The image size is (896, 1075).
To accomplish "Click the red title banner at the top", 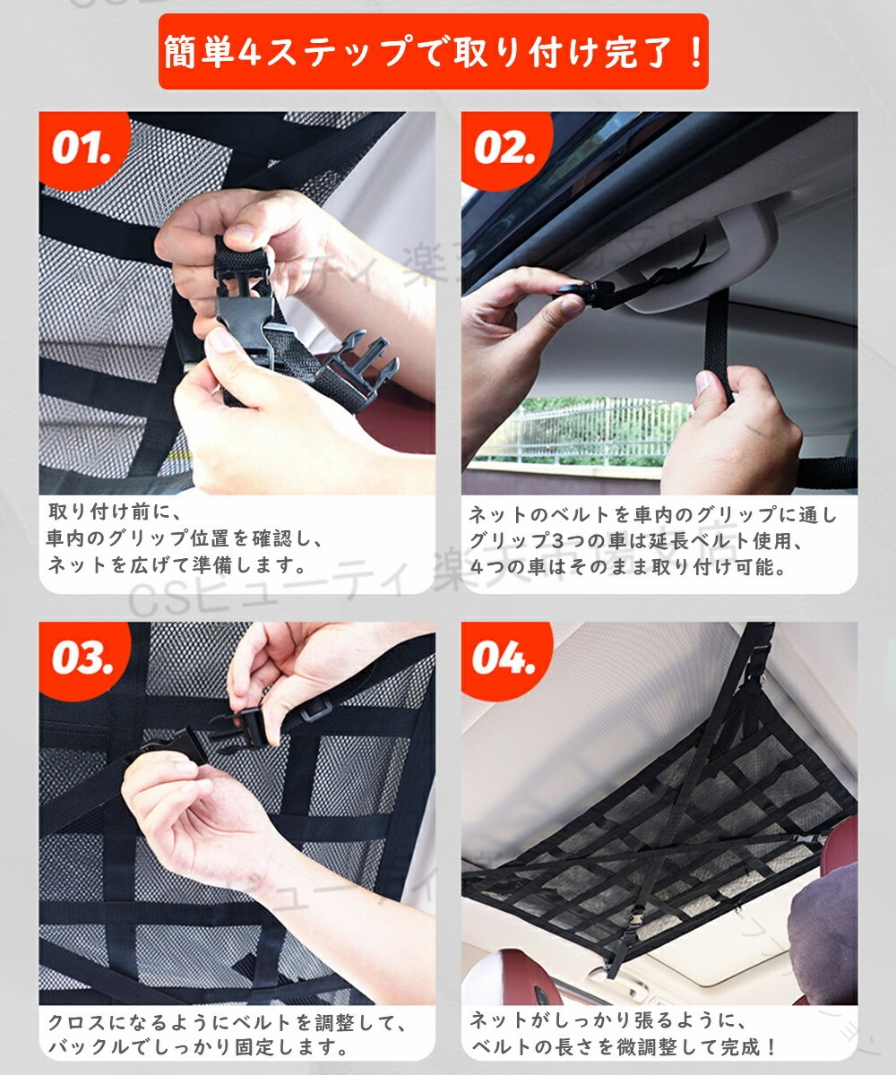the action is pyautogui.click(x=433, y=51).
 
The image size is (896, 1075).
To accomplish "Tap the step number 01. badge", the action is pyautogui.click(x=82, y=149).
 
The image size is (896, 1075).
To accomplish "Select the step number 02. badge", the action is pyautogui.click(x=504, y=149).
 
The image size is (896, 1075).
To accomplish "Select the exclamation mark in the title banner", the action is pyautogui.click(x=695, y=53).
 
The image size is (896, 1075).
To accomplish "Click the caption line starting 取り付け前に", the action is pyautogui.click(x=113, y=512).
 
